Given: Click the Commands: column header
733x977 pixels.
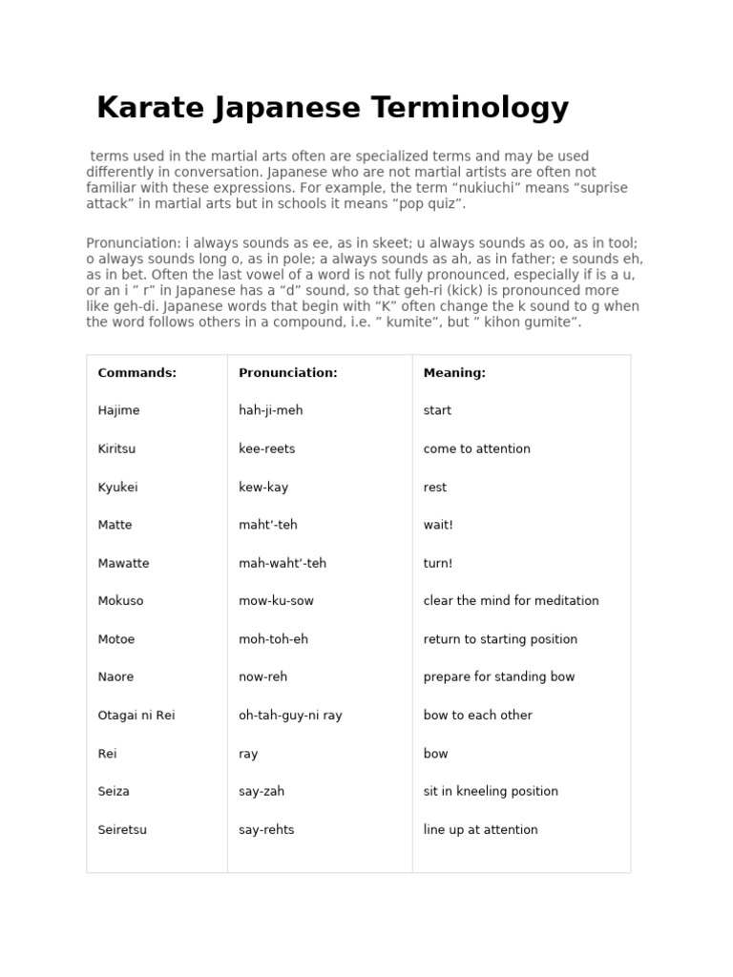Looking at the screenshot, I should coord(136,373).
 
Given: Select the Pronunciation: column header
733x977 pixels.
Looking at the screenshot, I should coord(287,373).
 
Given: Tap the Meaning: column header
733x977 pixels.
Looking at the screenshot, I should coord(454,373).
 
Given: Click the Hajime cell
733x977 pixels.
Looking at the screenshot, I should coord(118,410).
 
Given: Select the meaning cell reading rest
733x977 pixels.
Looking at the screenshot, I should coord(435,487).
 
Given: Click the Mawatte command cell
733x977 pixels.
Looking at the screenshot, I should coord(123,563).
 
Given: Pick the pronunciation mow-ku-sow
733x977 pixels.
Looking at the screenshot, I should coord(276,601).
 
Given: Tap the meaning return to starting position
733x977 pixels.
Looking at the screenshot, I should coord(500,639).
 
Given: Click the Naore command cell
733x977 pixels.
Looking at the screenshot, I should coord(115,676).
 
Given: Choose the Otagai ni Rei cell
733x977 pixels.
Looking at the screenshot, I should coord(136,715).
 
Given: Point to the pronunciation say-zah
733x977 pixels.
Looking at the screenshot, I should coord(262,791).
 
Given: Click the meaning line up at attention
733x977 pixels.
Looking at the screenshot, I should coord(480,829).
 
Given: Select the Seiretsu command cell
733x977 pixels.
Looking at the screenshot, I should coord(122,829).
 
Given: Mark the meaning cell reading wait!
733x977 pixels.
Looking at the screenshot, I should coord(438,525).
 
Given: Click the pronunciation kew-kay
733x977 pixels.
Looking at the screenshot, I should coord(263,487).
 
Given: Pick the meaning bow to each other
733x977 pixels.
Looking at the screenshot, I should coord(477,715).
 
